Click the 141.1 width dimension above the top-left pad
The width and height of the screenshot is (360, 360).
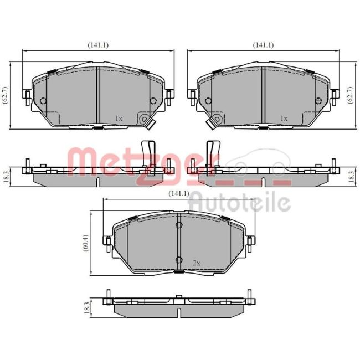(98, 45)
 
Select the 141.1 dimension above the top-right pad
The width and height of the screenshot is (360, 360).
(263, 45)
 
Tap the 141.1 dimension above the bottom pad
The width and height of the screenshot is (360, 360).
(179, 193)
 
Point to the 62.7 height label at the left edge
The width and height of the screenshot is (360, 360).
(6, 95)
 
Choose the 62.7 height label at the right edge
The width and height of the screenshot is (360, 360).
(351, 95)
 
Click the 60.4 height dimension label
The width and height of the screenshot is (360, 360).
(86, 243)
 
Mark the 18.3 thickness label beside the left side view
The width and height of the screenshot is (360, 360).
(6, 177)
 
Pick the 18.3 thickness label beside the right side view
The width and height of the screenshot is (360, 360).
(351, 177)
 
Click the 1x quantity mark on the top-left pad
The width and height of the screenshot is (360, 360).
(119, 119)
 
